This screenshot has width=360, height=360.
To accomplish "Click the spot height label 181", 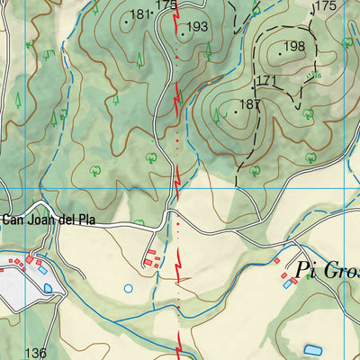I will coord(139,14).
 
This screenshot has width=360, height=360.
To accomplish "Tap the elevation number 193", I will coord(197,27).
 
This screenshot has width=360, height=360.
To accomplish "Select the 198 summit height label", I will coord(294,47).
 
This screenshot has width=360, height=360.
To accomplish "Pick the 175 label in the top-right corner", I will coord(325,6).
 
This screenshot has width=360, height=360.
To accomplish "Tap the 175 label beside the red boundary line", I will coord(165,5).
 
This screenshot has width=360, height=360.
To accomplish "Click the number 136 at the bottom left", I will coord(36,353).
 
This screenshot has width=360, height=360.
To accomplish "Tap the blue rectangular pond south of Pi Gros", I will coord(313,349).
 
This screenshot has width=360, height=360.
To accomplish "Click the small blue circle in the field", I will coord(129,289).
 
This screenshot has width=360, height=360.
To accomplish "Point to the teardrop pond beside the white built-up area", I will coord(47,287).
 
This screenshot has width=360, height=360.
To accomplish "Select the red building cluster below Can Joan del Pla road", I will coord(152,259).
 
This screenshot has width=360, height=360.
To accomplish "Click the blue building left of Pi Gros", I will coord(288,283).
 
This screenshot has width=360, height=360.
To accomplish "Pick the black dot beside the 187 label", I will coord(236,112).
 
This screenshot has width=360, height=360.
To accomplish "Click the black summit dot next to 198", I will coord(280,54).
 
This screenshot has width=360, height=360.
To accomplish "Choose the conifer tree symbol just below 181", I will coord(139,62).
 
